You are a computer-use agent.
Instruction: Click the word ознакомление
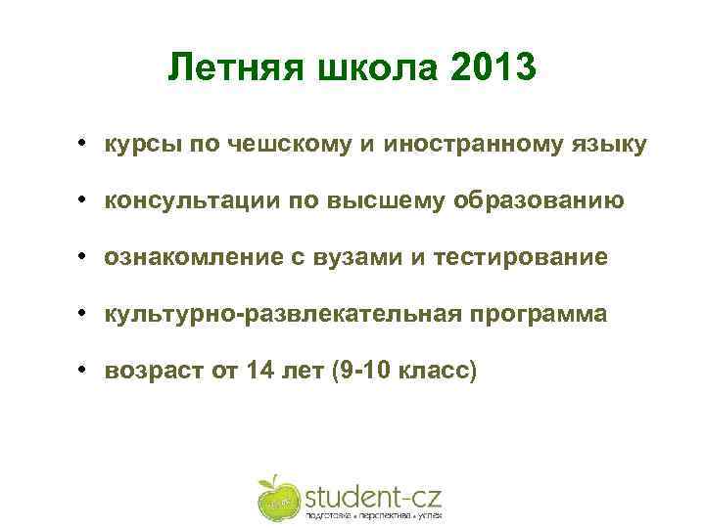[x=188, y=258]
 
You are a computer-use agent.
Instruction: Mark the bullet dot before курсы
[x=87, y=145]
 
